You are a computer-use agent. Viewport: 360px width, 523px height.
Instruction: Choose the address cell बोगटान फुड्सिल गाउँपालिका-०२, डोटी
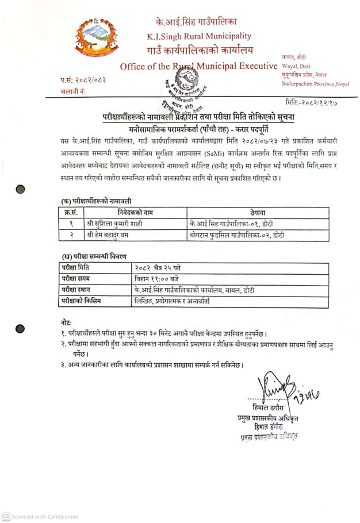236,234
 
